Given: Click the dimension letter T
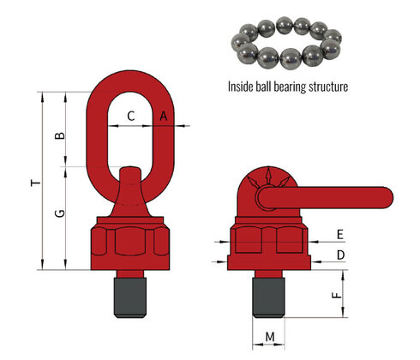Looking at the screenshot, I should coord(33,183).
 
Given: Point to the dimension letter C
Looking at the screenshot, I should coord(130,115).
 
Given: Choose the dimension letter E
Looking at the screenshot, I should coord(339,234).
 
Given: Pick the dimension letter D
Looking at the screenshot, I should coord(339,255).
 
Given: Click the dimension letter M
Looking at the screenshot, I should coord(270,337).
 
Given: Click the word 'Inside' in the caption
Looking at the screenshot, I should coord(242,87).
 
